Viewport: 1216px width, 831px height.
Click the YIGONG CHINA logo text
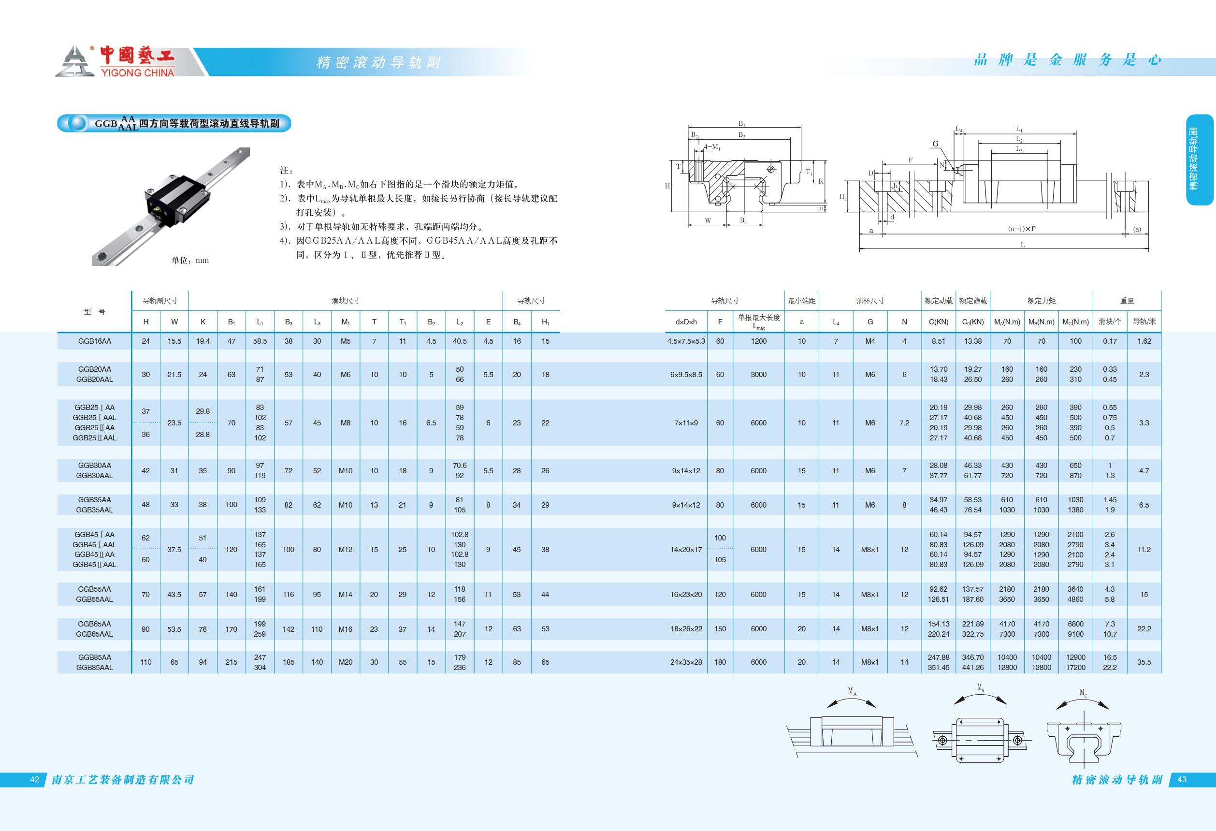[x=137, y=73]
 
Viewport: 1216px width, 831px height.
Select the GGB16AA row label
[x=95, y=341]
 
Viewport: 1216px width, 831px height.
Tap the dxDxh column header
[x=686, y=322]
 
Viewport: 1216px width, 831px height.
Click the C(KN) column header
[x=938, y=322]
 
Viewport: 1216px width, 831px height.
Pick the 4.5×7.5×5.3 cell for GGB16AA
[x=686, y=341]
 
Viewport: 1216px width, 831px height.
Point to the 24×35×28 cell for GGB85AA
[x=686, y=662]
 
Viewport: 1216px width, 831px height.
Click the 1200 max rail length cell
[x=759, y=341]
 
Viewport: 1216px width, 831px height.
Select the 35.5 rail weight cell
[x=1144, y=662]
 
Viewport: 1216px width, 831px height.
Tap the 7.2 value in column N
[x=904, y=423]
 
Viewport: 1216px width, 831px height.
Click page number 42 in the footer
[x=34, y=780]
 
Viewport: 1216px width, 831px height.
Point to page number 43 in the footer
[x=1182, y=780]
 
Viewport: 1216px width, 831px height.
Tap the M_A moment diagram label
[x=852, y=691]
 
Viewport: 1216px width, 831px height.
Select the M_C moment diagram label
[x=1083, y=693]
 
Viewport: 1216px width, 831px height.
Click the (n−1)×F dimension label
[x=1021, y=229]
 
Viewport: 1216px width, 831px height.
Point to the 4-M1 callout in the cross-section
[x=711, y=147]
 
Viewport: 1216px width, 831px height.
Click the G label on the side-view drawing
[x=935, y=144]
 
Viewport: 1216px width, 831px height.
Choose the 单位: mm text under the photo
[x=190, y=260]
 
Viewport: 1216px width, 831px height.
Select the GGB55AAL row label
[x=95, y=599]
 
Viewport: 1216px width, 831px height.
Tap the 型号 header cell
[x=95, y=312]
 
